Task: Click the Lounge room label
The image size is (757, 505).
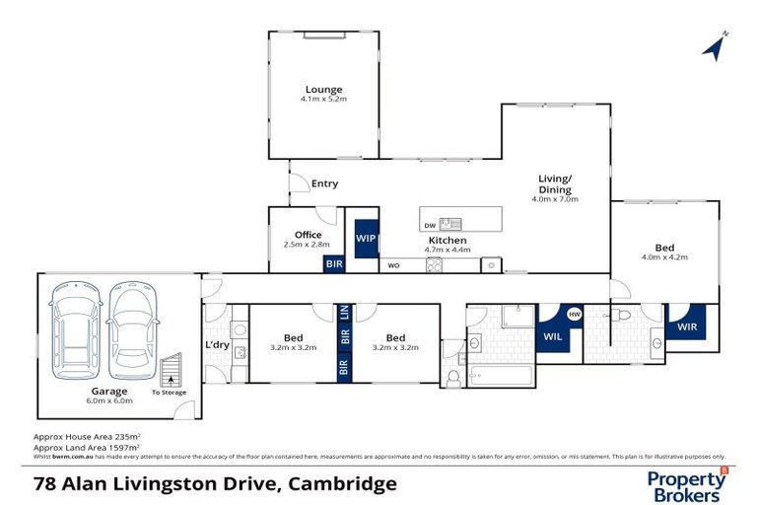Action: pos(322,90)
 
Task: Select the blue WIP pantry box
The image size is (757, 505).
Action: pos(366,239)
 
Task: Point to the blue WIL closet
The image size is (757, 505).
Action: pos(554,335)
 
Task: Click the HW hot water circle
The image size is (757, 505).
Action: pos(575,316)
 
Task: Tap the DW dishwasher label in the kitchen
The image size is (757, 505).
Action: pos(431,224)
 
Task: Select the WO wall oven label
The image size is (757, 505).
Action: pos(393,265)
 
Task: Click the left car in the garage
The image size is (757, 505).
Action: pos(74,323)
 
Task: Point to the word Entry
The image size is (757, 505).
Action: pos(324,183)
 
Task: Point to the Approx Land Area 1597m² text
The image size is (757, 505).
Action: pos(87,447)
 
